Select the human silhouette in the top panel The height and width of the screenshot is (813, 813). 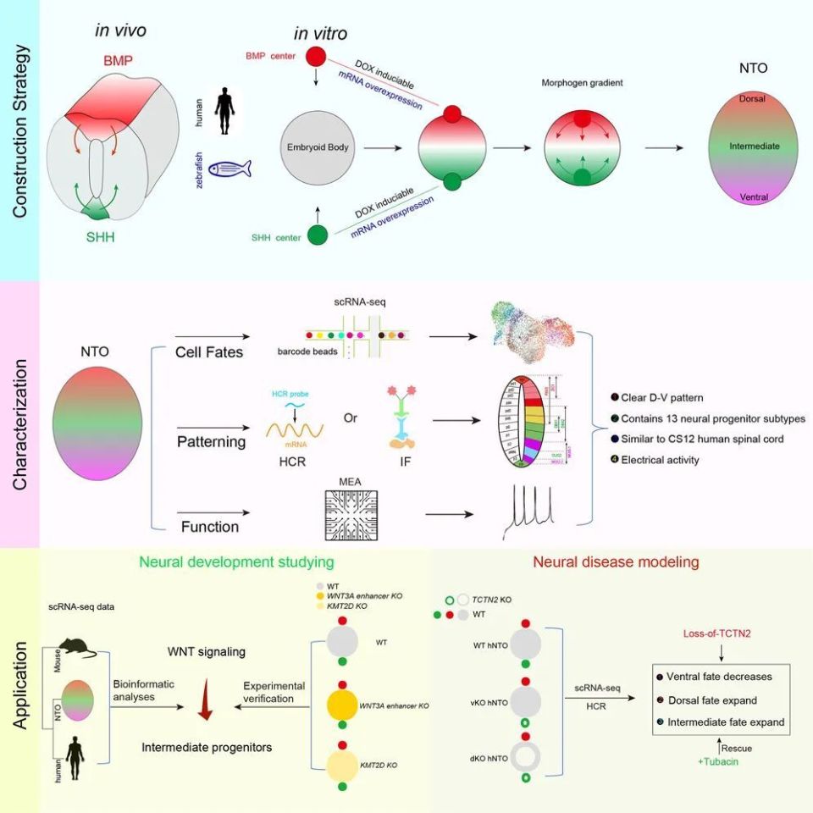224,108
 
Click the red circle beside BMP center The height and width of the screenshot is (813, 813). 316,58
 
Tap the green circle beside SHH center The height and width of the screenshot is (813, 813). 318,236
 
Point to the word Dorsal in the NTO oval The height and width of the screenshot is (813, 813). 752,99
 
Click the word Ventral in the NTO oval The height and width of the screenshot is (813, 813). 753,196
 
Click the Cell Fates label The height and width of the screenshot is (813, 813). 210,351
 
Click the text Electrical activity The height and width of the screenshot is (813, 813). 661,460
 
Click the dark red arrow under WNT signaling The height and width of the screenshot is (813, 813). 204,702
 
